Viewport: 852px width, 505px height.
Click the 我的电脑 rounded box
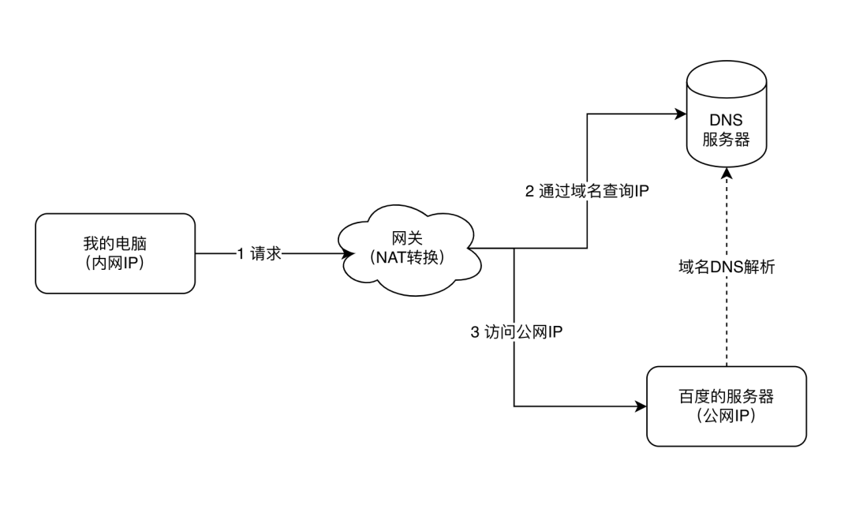[x=115, y=253]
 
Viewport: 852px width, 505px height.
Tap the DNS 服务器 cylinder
[x=726, y=118]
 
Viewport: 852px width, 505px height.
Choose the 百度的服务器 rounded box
[x=726, y=406]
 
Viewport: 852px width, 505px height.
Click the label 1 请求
[x=259, y=254]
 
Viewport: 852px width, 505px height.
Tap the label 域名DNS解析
[x=727, y=267]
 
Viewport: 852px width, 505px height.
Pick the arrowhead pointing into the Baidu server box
[x=640, y=407]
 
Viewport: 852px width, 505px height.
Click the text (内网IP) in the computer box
[x=115, y=264]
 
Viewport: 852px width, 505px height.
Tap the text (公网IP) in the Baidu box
[x=726, y=417]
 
